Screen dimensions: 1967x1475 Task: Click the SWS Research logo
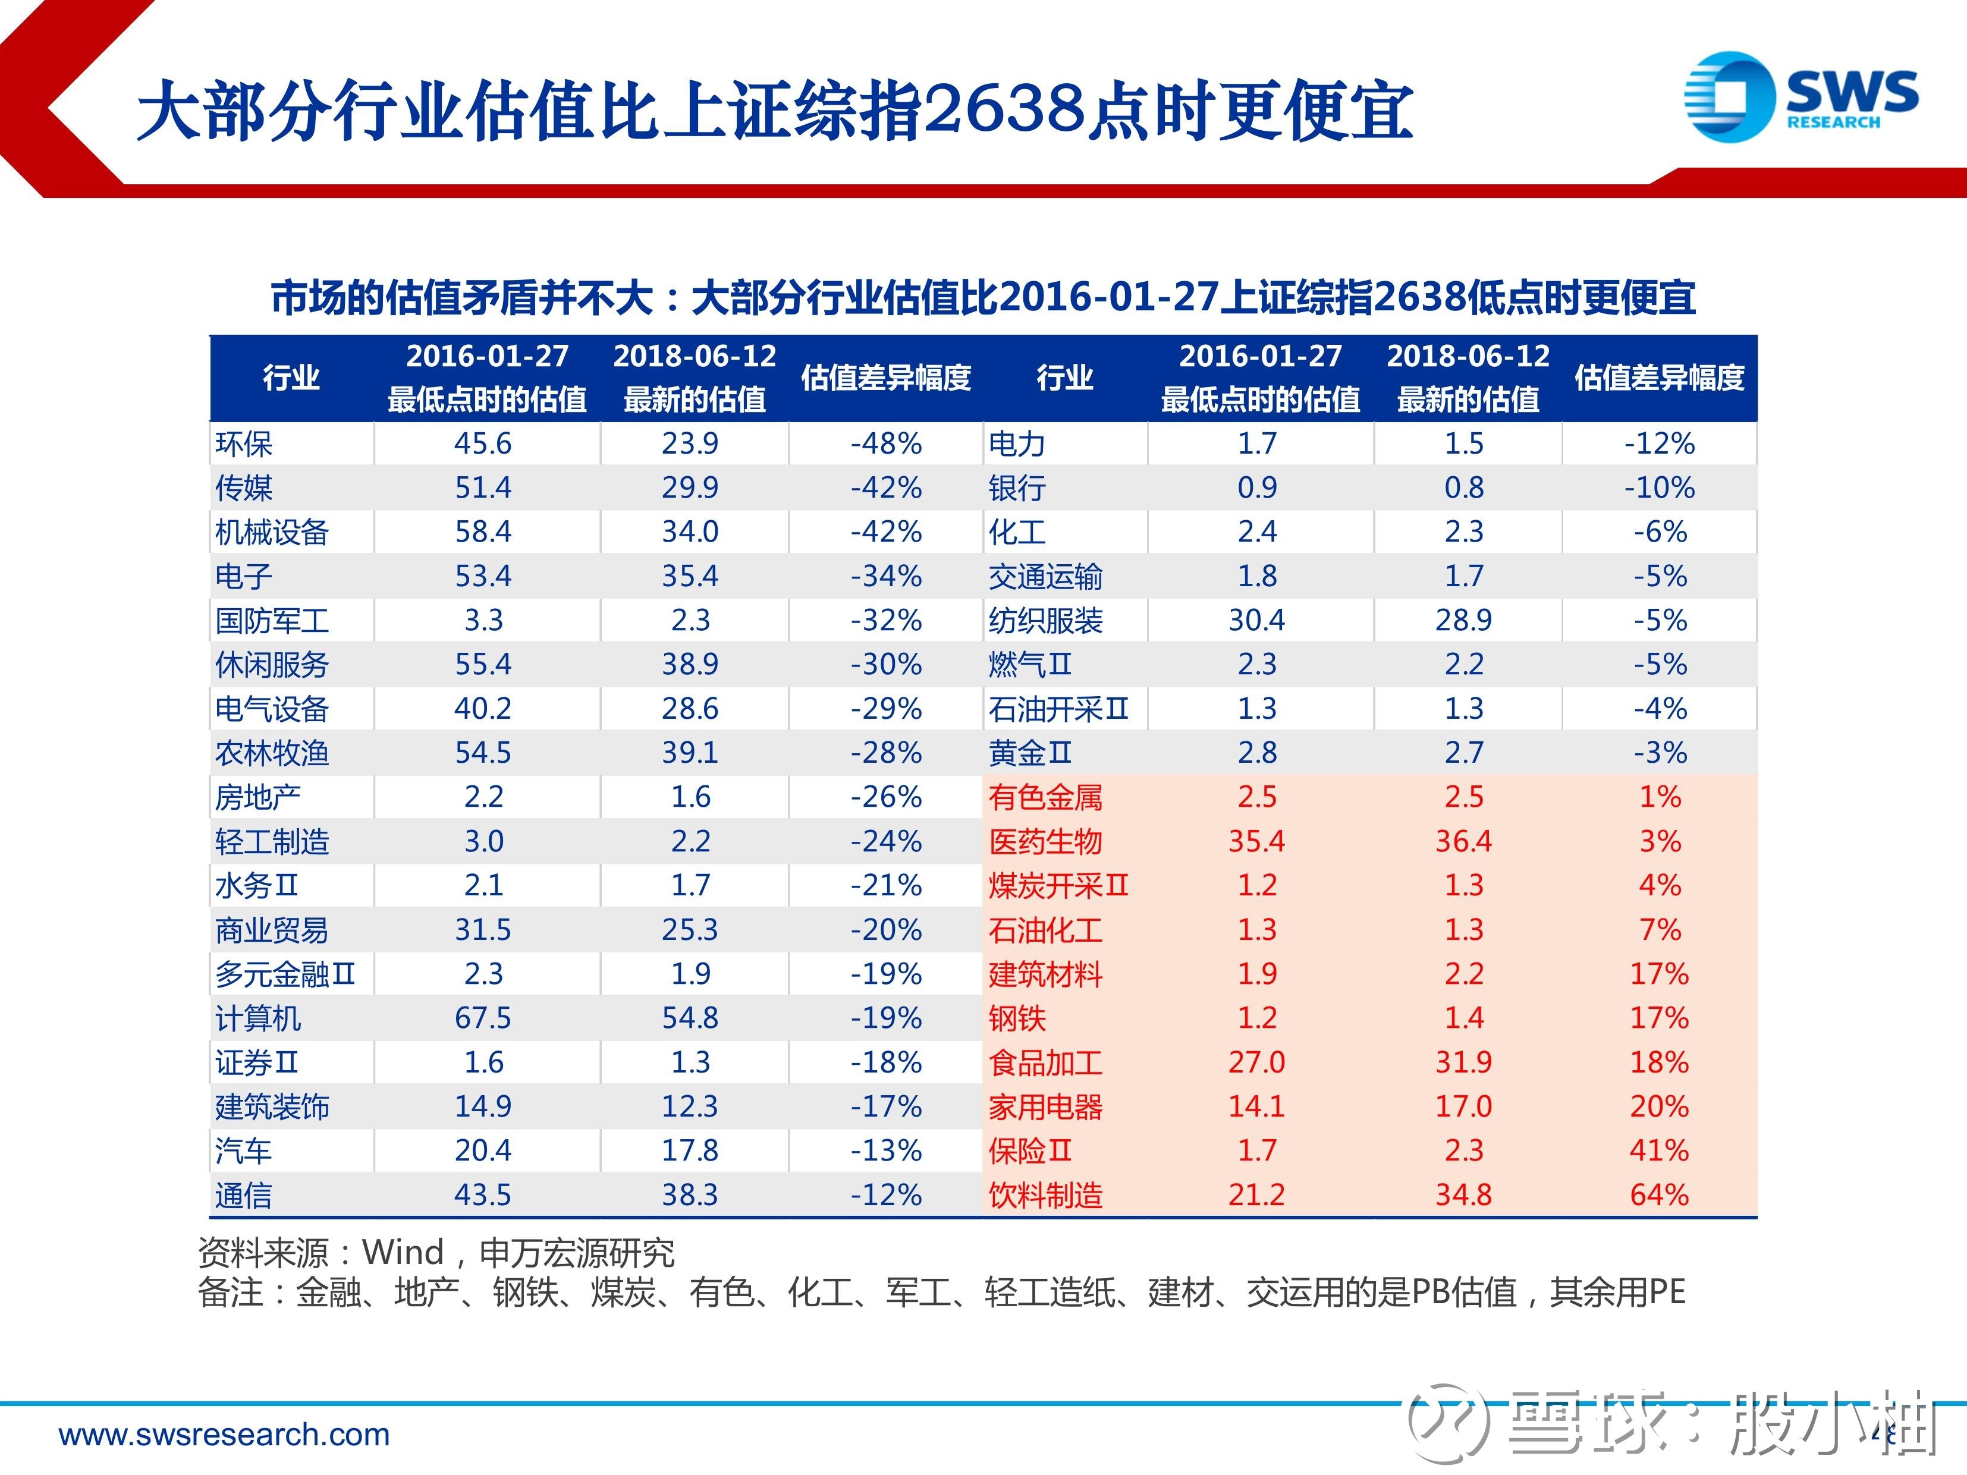(1801, 97)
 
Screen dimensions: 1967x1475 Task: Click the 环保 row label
(244, 444)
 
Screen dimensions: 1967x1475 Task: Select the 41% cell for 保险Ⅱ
(1660, 1150)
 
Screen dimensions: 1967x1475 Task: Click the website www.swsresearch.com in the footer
(224, 1434)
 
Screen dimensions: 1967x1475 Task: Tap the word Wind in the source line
(403, 1252)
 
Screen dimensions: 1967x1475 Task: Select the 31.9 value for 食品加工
(1464, 1062)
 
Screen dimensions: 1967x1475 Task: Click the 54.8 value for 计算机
(690, 1018)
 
